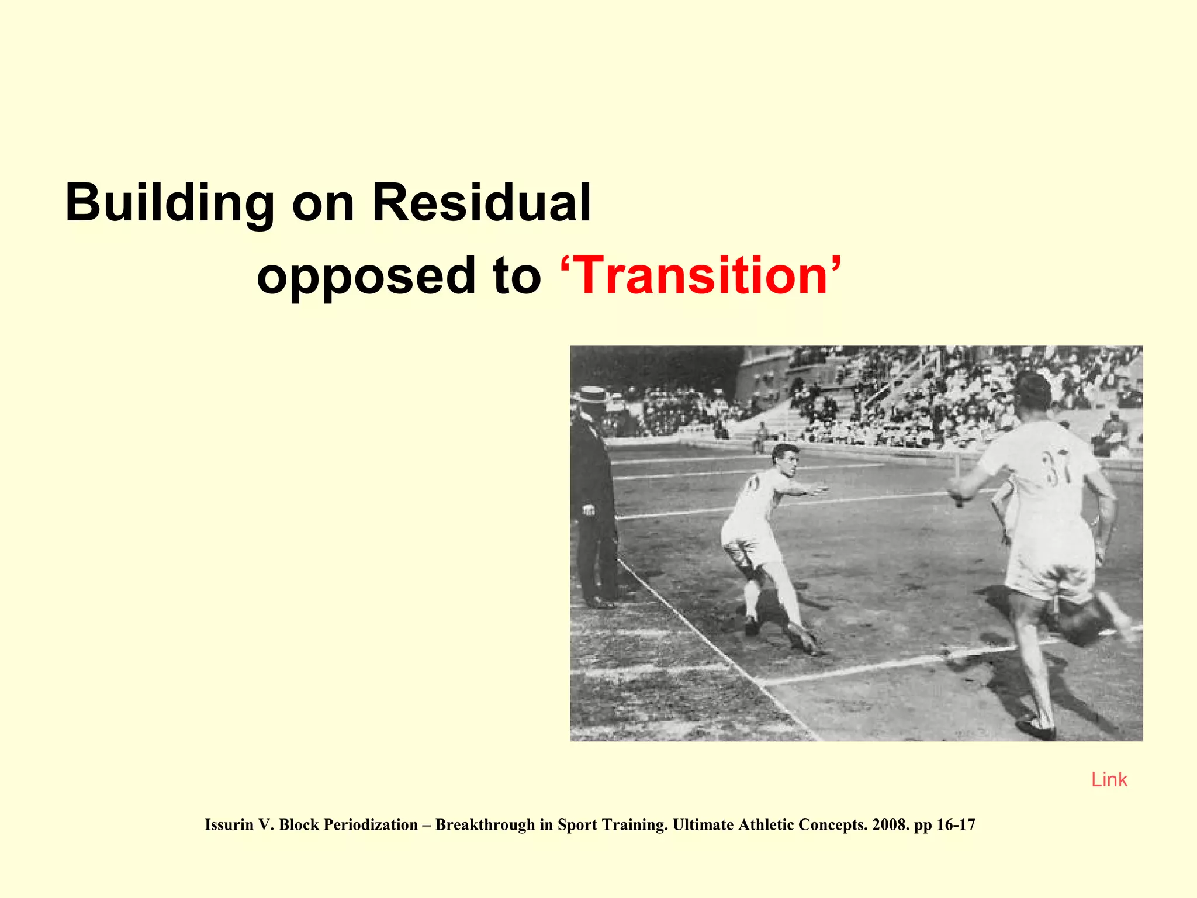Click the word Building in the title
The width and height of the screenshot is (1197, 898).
[169, 203]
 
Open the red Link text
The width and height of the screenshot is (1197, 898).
[1109, 780]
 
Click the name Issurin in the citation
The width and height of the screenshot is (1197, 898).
[229, 825]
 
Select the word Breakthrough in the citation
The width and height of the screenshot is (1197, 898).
[485, 825]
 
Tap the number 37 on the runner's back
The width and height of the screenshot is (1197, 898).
[1057, 468]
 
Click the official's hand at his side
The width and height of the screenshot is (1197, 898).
[588, 510]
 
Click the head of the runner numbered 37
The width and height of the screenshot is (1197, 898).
[1033, 391]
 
